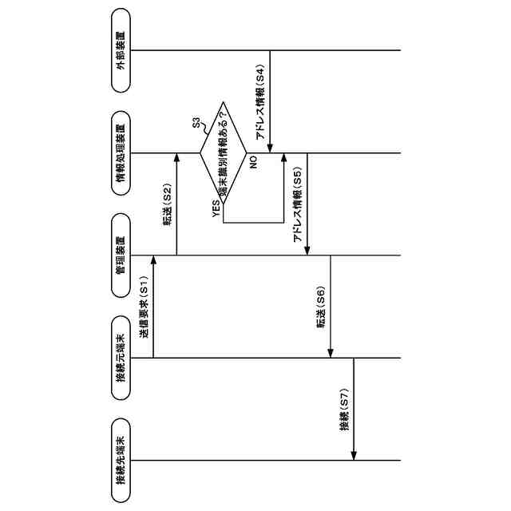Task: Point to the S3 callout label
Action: point(197,123)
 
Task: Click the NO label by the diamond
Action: point(252,163)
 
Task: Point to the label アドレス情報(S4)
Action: point(260,105)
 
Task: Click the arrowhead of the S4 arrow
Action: point(271,149)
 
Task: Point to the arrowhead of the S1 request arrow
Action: point(153,260)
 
